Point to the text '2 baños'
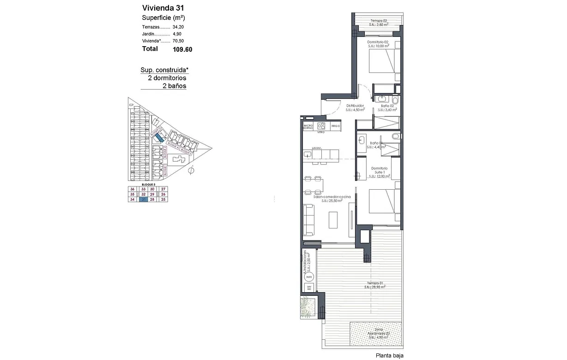pos(174,86)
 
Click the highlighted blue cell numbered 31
pos(144,200)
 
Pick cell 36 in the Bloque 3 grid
pos(133,189)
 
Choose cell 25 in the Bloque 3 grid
pos(163,200)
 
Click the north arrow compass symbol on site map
pos(191,171)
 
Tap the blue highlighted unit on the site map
pos(158,137)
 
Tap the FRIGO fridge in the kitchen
pos(336,126)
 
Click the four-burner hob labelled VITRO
pos(322,126)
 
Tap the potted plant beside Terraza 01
pos(307,306)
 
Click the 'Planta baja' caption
pos(389,355)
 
